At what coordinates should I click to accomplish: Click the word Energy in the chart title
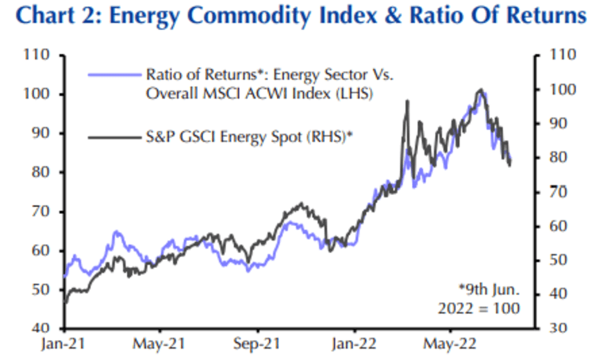[160, 17]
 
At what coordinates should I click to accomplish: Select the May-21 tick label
[159, 345]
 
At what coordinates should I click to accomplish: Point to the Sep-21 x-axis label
[256, 345]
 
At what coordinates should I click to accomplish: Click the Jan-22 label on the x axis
[353, 345]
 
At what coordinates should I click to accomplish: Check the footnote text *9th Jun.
[489, 287]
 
